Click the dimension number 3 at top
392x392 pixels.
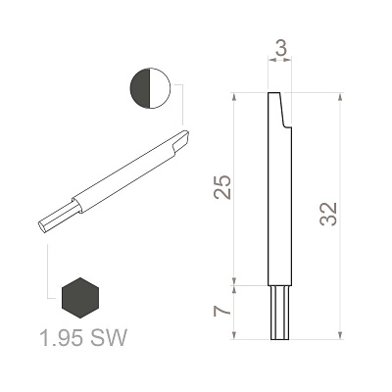[280, 48]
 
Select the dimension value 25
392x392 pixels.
[222, 187]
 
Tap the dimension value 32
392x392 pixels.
[328, 214]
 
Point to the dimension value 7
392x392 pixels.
[222, 312]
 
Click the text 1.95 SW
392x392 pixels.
[82, 337]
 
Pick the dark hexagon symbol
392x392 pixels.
[80, 298]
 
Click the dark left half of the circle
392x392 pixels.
[140, 88]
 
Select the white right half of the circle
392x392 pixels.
[161, 88]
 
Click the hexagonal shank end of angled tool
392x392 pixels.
[58, 218]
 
